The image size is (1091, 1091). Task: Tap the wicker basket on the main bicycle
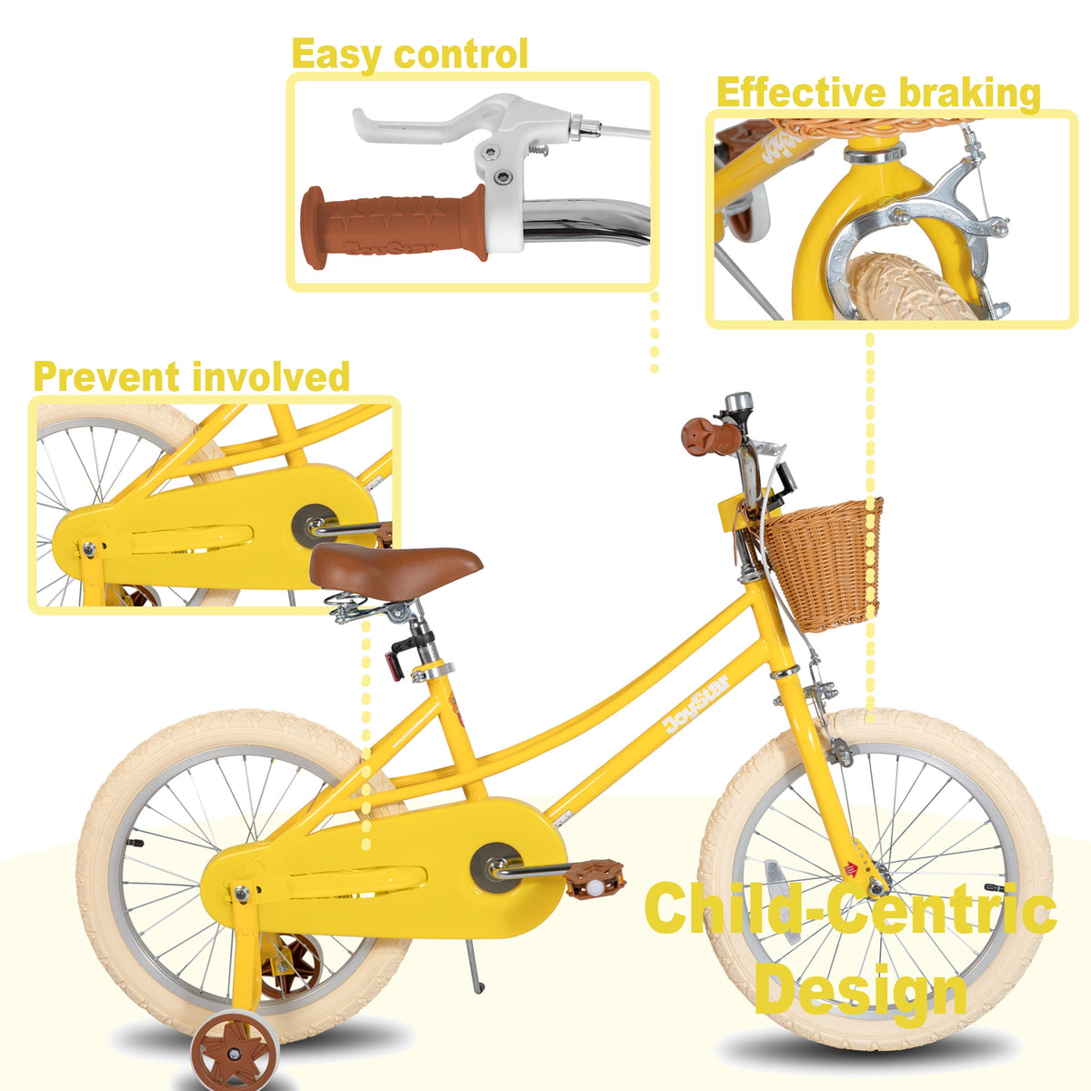coord(822,565)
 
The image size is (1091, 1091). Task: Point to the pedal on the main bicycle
coord(595,879)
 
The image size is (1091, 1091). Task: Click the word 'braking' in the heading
coord(969,94)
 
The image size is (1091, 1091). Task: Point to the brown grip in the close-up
coord(394,225)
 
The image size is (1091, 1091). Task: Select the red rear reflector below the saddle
coord(394,666)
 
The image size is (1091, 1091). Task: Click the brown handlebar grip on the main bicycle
coord(711,436)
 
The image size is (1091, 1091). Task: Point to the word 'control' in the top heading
coord(461,55)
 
